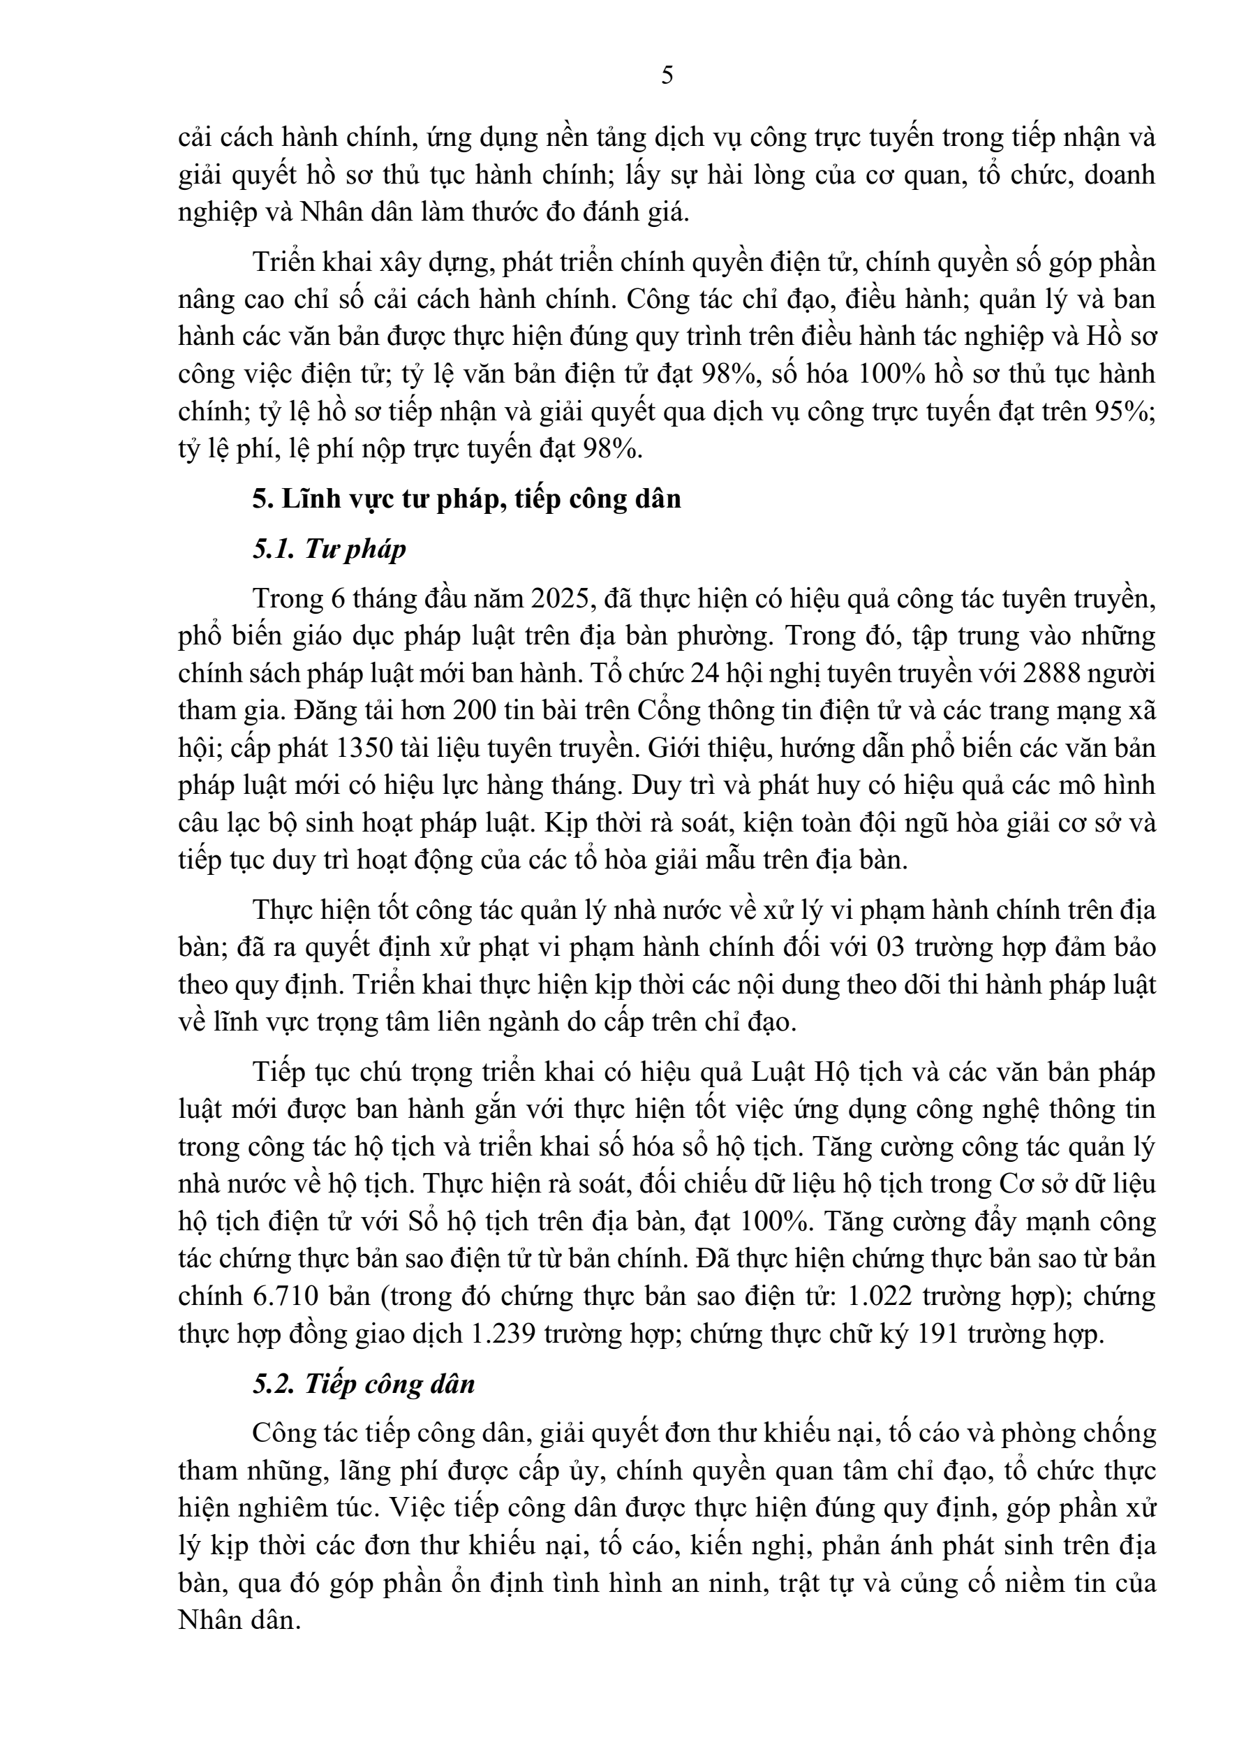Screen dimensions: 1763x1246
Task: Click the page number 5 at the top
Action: pos(667,75)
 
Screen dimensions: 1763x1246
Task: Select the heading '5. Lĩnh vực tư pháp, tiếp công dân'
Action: pos(467,499)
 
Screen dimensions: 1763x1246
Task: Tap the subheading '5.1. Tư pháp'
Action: pos(329,549)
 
